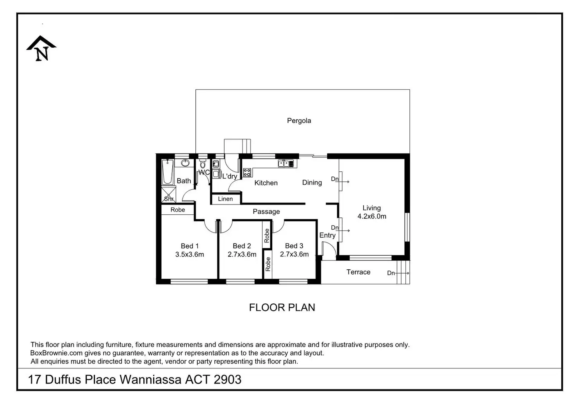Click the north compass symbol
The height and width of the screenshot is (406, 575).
click(41, 48)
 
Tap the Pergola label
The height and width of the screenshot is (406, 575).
click(299, 121)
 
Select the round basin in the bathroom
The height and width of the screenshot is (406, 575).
click(185, 163)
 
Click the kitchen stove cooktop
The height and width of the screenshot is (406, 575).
click(247, 172)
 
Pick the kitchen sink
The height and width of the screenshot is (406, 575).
click(286, 163)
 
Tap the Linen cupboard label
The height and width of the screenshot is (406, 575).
click(225, 199)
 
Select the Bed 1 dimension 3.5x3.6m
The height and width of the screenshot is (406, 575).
click(189, 254)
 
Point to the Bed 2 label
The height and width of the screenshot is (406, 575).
click(241, 246)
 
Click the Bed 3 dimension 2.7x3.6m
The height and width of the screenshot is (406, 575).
click(294, 254)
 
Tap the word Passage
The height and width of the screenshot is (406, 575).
click(266, 211)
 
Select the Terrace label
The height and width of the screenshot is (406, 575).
click(358, 272)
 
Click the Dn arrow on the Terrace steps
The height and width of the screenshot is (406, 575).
click(403, 273)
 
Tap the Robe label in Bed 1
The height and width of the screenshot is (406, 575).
click(178, 210)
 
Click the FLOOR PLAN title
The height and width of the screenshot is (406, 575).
click(282, 308)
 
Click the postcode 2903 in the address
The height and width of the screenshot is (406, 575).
click(227, 379)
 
